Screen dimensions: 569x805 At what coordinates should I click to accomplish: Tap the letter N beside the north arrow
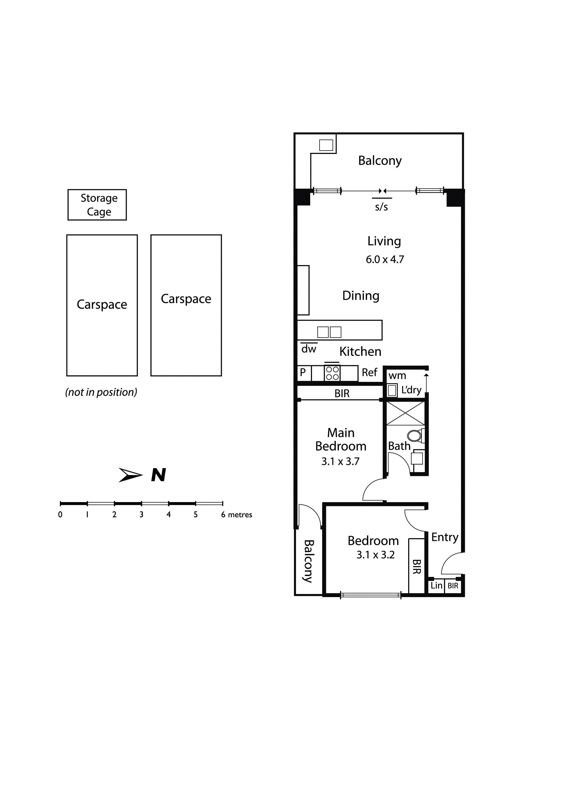tap(159, 475)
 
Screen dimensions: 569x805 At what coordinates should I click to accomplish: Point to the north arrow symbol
tap(130, 475)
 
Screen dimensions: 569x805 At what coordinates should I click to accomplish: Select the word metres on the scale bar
tap(240, 515)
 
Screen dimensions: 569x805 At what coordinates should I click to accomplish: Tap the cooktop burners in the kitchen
tap(332, 373)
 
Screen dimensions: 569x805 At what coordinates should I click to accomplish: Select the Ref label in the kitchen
tap(370, 372)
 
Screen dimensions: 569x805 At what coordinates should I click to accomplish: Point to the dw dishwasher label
tap(309, 349)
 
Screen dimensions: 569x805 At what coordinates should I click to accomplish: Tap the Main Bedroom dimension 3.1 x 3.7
tap(340, 461)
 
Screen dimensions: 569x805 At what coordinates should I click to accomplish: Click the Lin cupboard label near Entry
tap(436, 586)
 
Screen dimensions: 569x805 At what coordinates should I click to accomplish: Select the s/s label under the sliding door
tap(382, 207)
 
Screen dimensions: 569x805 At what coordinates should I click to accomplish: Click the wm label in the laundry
tap(397, 376)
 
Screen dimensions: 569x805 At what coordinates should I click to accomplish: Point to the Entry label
tap(445, 537)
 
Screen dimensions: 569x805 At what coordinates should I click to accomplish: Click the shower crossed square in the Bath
tap(405, 413)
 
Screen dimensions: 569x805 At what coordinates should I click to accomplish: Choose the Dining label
tap(361, 296)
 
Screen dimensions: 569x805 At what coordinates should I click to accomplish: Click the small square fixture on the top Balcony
tap(326, 145)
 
